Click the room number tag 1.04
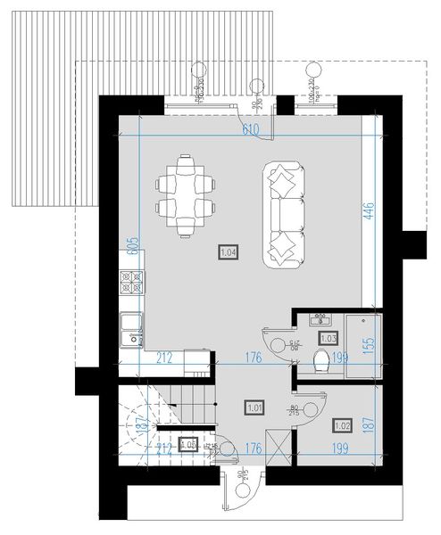pyautogui.click(x=227, y=252)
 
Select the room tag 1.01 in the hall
pyautogui.click(x=254, y=408)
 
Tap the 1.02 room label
pyautogui.click(x=342, y=426)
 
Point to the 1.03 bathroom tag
pyautogui.click(x=327, y=338)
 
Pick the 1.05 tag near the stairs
pyautogui.click(x=187, y=445)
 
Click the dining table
pyautogui.click(x=187, y=196)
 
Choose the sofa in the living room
pyautogui.click(x=284, y=214)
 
